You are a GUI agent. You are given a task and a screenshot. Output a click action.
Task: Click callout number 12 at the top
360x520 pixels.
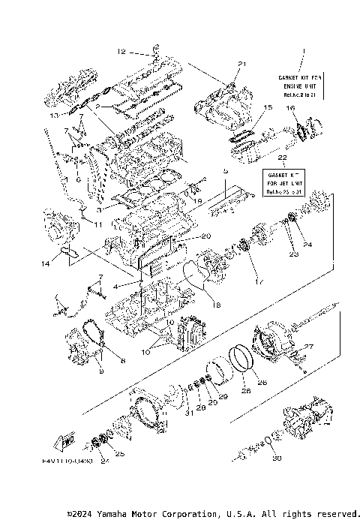(121, 52)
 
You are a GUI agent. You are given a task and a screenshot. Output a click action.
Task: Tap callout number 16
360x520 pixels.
(290, 108)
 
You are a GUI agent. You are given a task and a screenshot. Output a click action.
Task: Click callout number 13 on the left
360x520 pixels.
(53, 116)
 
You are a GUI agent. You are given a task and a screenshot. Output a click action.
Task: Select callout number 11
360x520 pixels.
(98, 224)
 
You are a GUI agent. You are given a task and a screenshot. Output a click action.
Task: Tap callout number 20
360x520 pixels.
(205, 236)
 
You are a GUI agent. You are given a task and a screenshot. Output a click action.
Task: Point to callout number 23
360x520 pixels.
(295, 254)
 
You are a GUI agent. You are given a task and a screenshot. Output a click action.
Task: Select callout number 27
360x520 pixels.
(306, 347)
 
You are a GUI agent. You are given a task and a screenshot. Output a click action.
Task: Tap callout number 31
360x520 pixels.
(190, 410)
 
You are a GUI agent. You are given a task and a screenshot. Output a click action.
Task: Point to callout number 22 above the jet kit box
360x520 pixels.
(281, 159)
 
